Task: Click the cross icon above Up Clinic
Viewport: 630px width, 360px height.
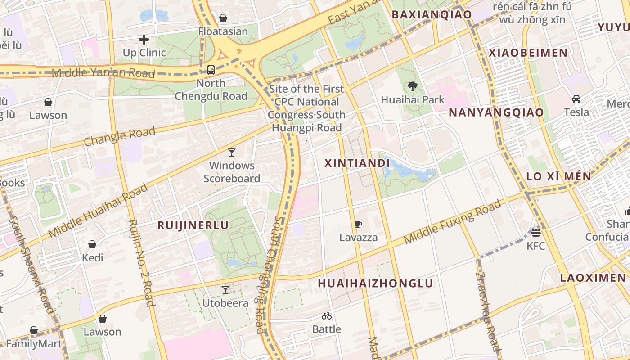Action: (144, 40)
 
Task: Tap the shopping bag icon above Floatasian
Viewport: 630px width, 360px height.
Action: (223, 18)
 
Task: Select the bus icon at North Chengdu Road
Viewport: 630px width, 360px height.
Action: (211, 70)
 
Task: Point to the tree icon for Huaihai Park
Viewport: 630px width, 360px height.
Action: (412, 86)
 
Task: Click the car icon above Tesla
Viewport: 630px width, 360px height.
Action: (576, 99)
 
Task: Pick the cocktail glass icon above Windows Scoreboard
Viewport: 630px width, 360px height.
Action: (232, 153)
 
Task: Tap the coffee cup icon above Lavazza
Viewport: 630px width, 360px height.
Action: (358, 224)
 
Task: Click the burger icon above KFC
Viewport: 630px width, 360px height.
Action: (535, 233)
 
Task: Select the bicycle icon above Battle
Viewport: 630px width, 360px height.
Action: (327, 316)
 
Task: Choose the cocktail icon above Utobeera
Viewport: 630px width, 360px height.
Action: (225, 290)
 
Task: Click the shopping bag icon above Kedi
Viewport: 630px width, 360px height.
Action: (92, 244)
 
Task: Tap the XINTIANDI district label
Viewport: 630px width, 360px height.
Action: (357, 163)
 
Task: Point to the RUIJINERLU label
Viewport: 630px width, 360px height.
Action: (193, 225)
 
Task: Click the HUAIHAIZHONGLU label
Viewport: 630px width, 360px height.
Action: (375, 283)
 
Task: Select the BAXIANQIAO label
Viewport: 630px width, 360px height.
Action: (431, 14)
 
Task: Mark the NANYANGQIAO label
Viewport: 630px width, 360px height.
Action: (496, 112)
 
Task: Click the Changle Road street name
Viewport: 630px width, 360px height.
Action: (120, 136)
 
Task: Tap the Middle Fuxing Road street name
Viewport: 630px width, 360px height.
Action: (452, 222)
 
